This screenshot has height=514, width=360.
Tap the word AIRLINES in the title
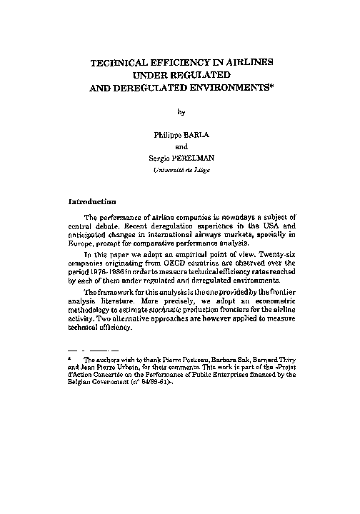pyautogui.click(x=245, y=64)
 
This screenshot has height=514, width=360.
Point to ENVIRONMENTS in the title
pyautogui.click(x=228, y=90)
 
